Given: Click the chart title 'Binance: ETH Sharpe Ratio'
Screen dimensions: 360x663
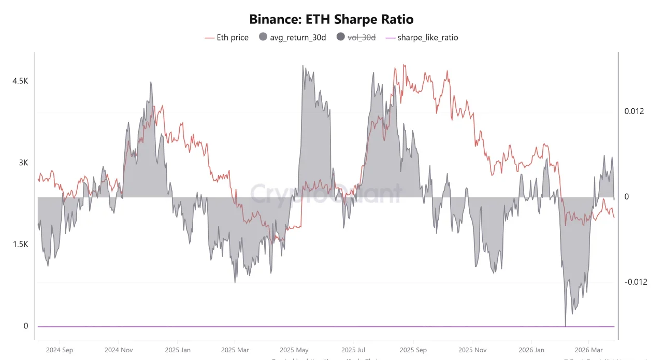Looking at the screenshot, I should pyautogui.click(x=331, y=20).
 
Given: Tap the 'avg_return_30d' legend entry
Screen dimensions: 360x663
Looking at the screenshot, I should pyautogui.click(x=292, y=37).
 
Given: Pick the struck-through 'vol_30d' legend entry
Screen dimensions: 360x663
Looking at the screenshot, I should pyautogui.click(x=356, y=37).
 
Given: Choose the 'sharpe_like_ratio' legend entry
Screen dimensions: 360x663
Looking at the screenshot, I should pyautogui.click(x=422, y=37).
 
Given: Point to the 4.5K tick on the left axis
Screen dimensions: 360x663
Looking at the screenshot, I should pyautogui.click(x=20, y=81).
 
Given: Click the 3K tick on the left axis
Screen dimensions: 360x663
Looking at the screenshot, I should pyautogui.click(x=23, y=163).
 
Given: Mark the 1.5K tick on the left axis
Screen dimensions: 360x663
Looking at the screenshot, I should pyautogui.click(x=20, y=244).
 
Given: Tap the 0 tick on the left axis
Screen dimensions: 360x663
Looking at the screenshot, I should pyautogui.click(x=25, y=326).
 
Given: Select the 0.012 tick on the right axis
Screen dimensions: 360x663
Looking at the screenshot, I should pyautogui.click(x=633, y=111).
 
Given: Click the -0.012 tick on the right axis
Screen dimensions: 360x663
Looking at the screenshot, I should pyautogui.click(x=635, y=282).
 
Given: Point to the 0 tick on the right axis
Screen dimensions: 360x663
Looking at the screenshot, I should pyautogui.click(x=626, y=197).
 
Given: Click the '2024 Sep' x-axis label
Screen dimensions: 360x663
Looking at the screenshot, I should pyautogui.click(x=60, y=350).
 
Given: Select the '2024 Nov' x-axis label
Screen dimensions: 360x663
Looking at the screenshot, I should pyautogui.click(x=119, y=350).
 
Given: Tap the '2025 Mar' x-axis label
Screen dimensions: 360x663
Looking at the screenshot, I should pyautogui.click(x=235, y=350).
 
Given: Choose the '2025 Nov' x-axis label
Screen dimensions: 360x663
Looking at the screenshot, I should pyautogui.click(x=472, y=350).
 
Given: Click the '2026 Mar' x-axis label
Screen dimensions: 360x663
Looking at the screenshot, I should pyautogui.click(x=589, y=350).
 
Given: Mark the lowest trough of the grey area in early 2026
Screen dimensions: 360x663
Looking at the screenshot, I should pyautogui.click(x=565, y=325).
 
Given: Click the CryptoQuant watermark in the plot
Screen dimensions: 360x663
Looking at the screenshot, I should pyautogui.click(x=326, y=194).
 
